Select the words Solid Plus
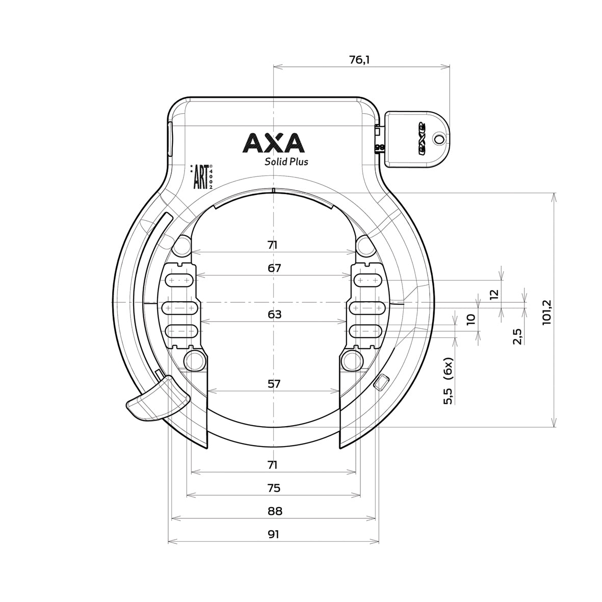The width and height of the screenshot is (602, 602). [x=285, y=162]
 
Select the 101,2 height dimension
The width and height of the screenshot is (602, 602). [x=547, y=311]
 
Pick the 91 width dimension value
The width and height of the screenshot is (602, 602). [x=274, y=534]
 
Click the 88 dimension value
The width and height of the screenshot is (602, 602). [x=274, y=511]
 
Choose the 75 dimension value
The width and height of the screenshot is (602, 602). [x=274, y=488]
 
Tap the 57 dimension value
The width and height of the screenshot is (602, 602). [x=274, y=384]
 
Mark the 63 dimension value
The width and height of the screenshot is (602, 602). [x=274, y=315]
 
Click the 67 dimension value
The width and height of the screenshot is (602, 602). [x=274, y=268]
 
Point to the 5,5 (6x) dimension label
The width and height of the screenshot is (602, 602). [x=448, y=381]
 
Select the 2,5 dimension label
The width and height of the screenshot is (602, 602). [x=517, y=337]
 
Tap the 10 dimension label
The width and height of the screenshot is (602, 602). [x=470, y=319]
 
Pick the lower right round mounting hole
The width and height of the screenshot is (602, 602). [x=351, y=360]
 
